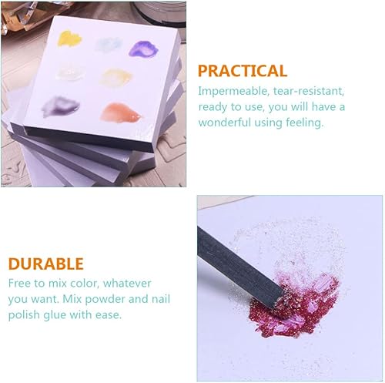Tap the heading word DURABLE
click(46, 264)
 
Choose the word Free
click(22, 283)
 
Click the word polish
click(25, 314)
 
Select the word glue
click(61, 314)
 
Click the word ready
click(214, 106)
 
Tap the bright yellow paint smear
click(70, 39)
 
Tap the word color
click(102, 283)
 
